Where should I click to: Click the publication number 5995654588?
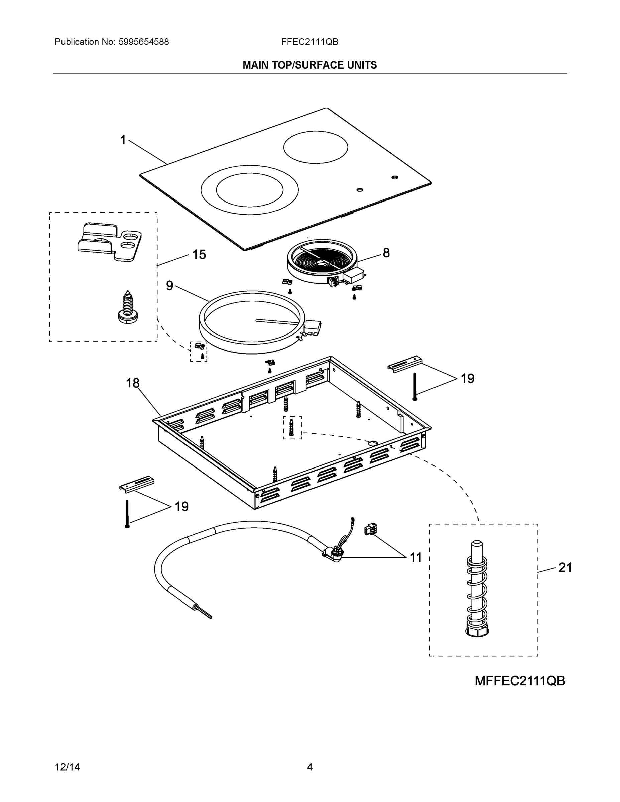(x=144, y=42)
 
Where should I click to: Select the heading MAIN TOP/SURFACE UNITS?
(x=309, y=65)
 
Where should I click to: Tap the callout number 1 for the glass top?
(x=123, y=140)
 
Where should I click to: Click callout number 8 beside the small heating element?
(x=386, y=253)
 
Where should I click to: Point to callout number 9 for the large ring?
(x=169, y=286)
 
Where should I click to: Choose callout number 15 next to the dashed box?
(x=199, y=255)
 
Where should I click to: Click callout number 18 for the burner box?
(x=133, y=383)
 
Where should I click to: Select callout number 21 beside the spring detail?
(x=565, y=568)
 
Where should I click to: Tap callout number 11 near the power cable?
(x=416, y=558)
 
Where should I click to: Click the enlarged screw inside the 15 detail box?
(x=127, y=308)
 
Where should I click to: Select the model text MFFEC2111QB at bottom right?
(x=519, y=681)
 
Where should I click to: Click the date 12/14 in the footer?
(x=67, y=767)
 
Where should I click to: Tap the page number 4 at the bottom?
(x=309, y=767)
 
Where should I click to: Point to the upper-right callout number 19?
(x=467, y=379)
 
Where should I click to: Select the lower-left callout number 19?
(x=181, y=507)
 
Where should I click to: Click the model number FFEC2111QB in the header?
(x=309, y=42)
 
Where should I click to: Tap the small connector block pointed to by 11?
(x=368, y=530)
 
